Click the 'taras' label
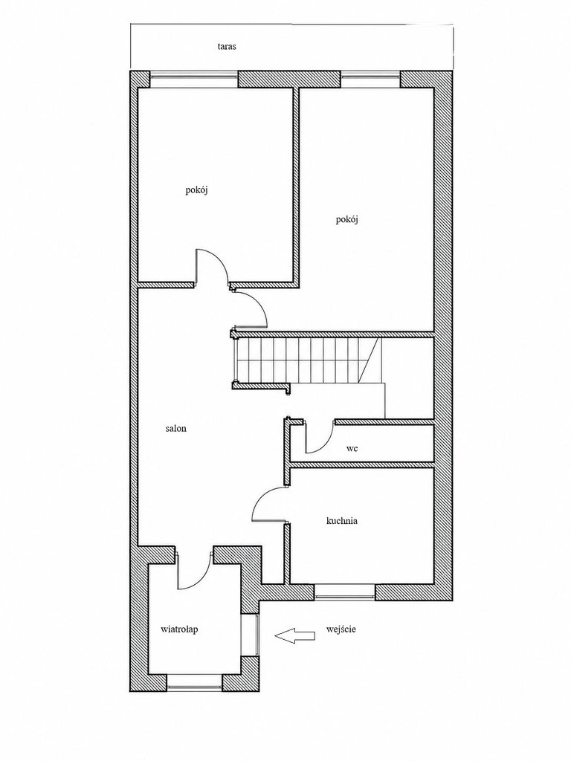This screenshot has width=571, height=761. [x=227, y=47]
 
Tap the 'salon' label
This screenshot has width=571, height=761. [x=175, y=429]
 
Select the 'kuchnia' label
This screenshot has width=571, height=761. [x=342, y=521]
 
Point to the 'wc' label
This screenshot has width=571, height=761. [x=352, y=448]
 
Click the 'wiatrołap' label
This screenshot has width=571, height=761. [x=179, y=629]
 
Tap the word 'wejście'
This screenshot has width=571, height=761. [x=341, y=629]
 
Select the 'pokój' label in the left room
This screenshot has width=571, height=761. [x=196, y=190]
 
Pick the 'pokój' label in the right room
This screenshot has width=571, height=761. [x=346, y=219]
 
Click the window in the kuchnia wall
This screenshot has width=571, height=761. [x=345, y=592]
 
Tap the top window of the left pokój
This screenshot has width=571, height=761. [x=194, y=79]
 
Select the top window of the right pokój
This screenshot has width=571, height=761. [x=372, y=79]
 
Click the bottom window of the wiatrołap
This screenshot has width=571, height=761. [x=194, y=683]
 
